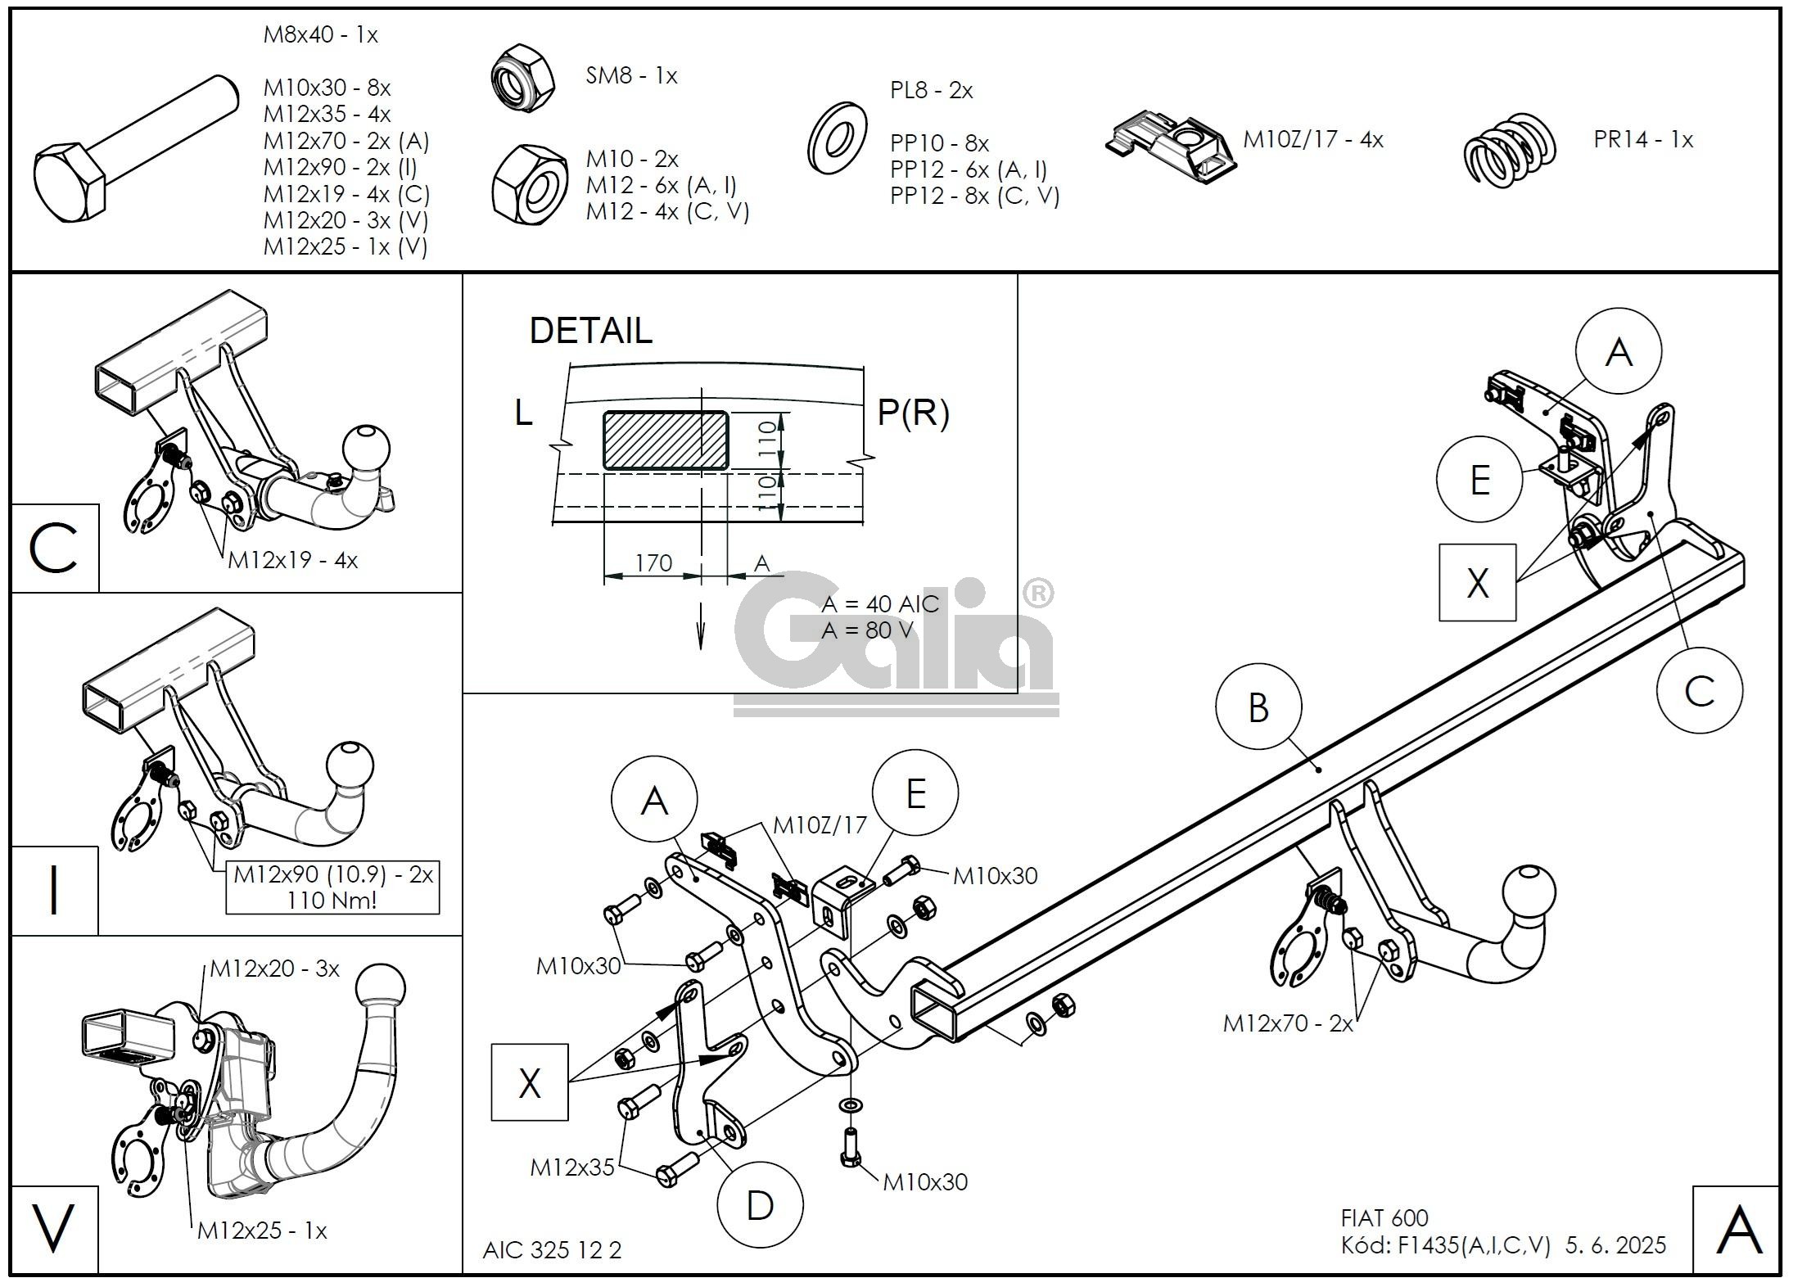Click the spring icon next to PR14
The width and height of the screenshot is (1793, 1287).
[1509, 150]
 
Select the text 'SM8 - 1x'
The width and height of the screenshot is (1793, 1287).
[631, 76]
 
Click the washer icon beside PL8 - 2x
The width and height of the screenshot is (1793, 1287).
[837, 138]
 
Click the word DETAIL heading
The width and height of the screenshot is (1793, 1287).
[590, 331]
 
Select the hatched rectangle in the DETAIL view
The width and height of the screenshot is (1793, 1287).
[666, 440]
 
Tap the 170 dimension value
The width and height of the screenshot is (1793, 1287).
[653, 562]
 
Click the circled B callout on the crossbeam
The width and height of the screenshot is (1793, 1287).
[1258, 708]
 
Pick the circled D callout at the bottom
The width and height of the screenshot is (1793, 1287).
[759, 1205]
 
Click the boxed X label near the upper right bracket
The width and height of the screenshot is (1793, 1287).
[1477, 583]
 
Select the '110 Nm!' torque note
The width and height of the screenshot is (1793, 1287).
[332, 901]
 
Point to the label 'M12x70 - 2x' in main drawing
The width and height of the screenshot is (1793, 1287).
[1288, 1023]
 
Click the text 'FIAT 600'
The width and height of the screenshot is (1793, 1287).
[1384, 1217]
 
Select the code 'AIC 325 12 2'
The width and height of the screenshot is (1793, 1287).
[552, 1250]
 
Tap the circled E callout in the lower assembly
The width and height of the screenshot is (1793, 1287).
[915, 793]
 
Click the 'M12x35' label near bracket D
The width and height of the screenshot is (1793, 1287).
[571, 1167]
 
